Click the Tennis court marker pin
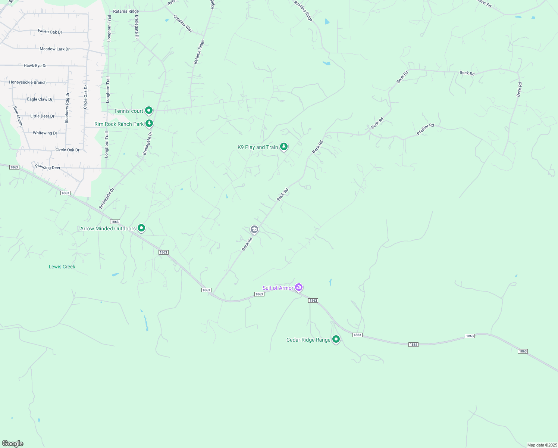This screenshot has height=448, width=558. point(149,110)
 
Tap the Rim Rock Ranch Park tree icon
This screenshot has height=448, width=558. point(149,123)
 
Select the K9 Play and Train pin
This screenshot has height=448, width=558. point(284,146)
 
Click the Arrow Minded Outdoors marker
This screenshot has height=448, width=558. point(141,228)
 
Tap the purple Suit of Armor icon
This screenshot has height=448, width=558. point(298,287)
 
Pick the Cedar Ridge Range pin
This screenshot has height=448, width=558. point(336,339)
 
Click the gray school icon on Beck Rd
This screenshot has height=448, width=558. point(254,229)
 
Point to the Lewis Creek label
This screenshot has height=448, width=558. point(62,267)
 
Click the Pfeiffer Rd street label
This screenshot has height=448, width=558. point(425,129)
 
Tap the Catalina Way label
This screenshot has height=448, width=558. point(183,24)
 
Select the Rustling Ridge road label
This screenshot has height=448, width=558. point(303,11)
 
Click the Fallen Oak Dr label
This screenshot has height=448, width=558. point(50,32)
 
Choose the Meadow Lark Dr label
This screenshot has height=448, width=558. point(54,49)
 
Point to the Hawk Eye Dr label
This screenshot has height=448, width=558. point(35,66)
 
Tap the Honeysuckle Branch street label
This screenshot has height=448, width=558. point(28,83)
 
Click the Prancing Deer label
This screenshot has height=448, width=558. point(48,167)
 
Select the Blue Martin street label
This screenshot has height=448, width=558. point(18,116)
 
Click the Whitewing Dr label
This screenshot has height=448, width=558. point(45,133)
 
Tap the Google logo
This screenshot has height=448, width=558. point(13,444)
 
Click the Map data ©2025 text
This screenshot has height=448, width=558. point(542,445)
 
